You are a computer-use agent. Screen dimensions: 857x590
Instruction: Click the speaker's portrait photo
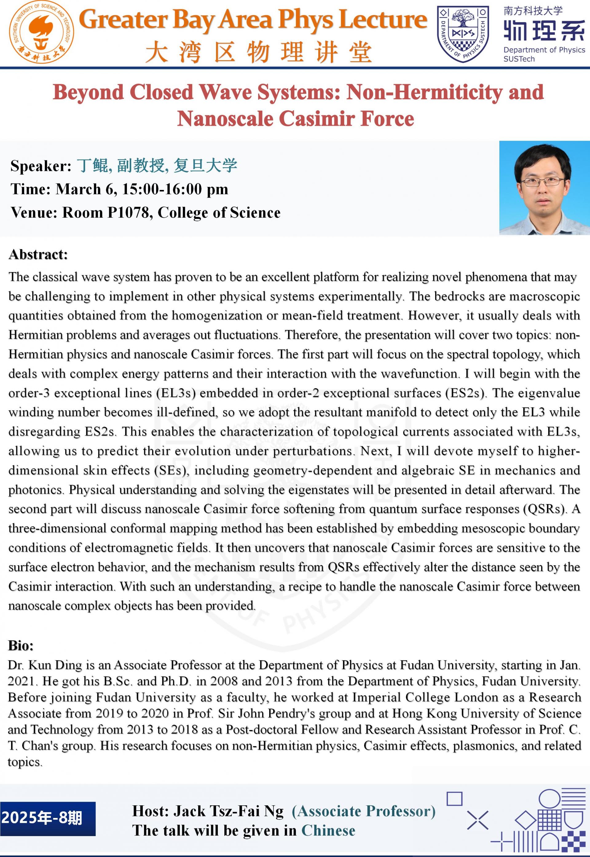point(544,188)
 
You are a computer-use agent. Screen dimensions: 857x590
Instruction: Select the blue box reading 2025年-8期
point(48,819)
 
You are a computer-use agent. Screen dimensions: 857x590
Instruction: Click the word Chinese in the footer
point(328,830)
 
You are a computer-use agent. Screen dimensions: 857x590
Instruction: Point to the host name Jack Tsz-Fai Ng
point(228,811)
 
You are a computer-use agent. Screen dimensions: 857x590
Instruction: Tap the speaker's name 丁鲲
point(92,165)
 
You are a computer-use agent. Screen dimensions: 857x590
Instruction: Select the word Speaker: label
point(41,166)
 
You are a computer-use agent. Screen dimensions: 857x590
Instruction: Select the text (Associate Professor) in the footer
point(364,811)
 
